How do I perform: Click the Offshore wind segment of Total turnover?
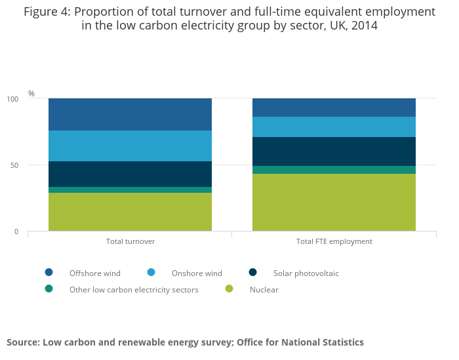coord(130,114)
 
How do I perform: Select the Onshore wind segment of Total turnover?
coord(130,146)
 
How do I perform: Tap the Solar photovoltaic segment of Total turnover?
coord(130,174)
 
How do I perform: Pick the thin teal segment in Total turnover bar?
coord(130,190)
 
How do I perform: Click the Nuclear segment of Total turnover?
coord(130,211)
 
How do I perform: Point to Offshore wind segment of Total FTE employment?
coord(334,108)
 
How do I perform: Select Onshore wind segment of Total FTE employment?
coord(334,127)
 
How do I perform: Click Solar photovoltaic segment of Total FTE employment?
coord(334,151)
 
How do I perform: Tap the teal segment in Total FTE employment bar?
coord(334,169)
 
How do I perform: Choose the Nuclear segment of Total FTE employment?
coord(334,202)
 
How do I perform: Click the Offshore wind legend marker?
coord(49,272)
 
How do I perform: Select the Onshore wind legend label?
coord(197,273)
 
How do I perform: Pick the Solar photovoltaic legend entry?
coord(306,273)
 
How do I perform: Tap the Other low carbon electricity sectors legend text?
coord(134,290)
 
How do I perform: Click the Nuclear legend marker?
coord(229,289)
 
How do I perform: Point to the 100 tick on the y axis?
coord(12,99)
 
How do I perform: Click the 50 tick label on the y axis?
coord(14,165)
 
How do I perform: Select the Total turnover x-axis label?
coord(130,241)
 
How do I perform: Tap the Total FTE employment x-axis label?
coord(334,241)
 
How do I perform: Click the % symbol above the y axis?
coord(31,94)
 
